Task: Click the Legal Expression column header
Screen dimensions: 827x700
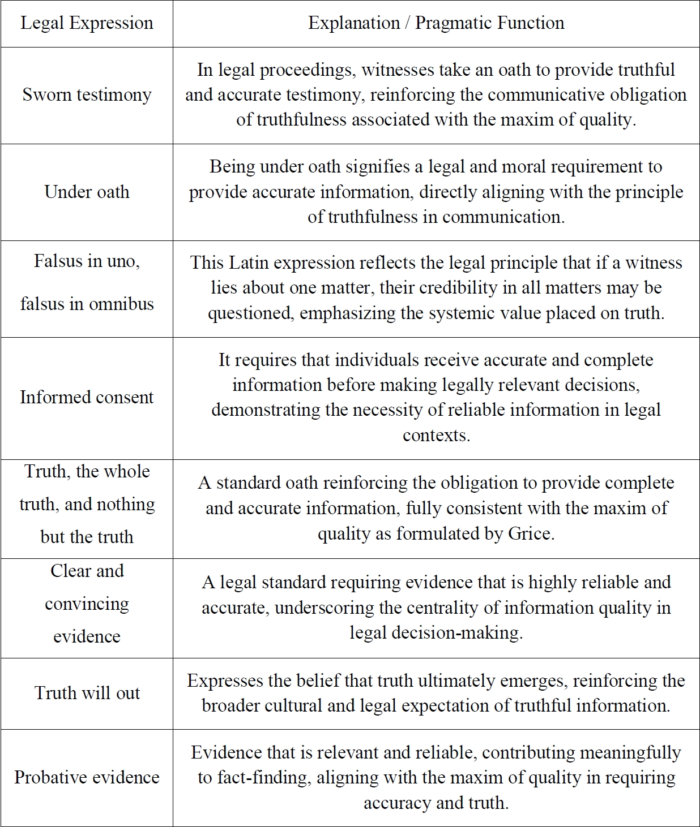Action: pyautogui.click(x=87, y=23)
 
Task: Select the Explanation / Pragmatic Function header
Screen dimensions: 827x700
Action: pyautogui.click(x=436, y=23)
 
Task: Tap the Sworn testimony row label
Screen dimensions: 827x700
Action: pyautogui.click(x=87, y=94)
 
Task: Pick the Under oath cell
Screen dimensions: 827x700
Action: pyautogui.click(x=87, y=192)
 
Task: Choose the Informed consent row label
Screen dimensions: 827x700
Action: pyautogui.click(x=87, y=397)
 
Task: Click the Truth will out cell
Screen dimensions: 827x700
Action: pyautogui.click(x=87, y=693)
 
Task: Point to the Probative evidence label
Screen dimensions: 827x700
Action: pyautogui.click(x=87, y=777)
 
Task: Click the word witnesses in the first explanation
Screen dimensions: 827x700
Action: pyautogui.click(x=396, y=70)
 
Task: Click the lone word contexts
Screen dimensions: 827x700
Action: pyautogui.click(x=436, y=435)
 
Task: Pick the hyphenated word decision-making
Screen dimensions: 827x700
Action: pyautogui.click(x=436, y=632)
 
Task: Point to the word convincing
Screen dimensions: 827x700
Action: pyautogui.click(x=87, y=604)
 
